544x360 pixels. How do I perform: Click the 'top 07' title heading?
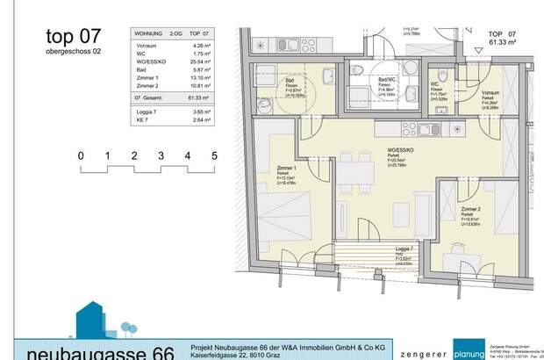click(73, 36)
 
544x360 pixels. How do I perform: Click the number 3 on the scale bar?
click(161, 156)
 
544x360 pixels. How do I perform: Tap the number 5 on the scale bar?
click(214, 156)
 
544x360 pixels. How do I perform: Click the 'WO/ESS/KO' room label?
click(390, 149)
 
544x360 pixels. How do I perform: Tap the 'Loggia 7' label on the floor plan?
click(406, 249)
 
